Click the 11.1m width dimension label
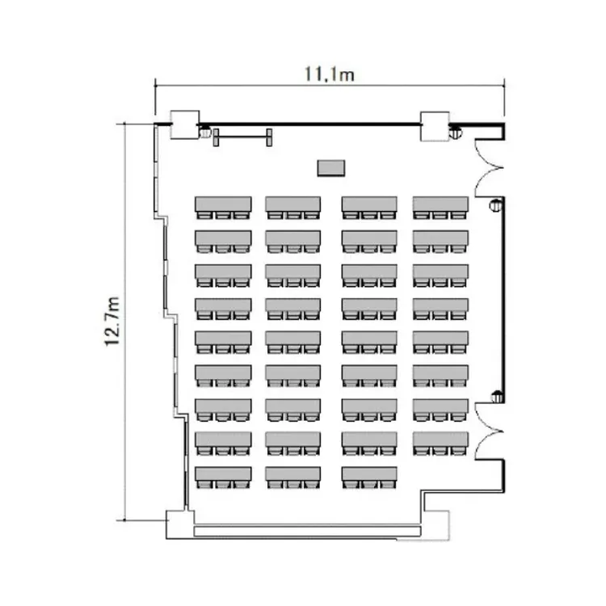pos(330,74)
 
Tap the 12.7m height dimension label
pos(113,321)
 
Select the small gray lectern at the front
pos(330,167)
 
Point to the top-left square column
pos(183,124)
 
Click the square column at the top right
pos(435,124)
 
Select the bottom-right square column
pos(436,525)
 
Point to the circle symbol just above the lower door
pos(496,395)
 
